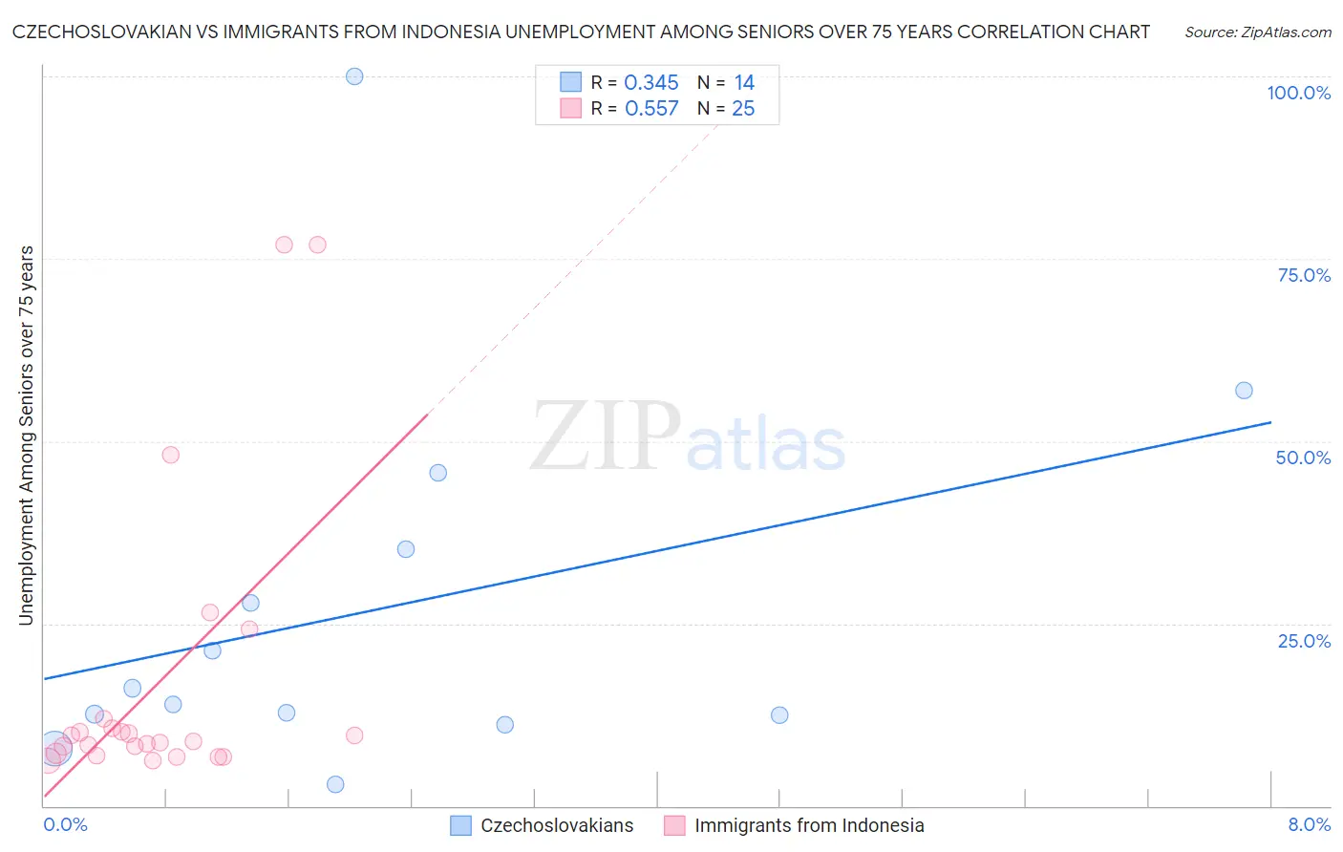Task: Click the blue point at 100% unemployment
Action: coord(354,76)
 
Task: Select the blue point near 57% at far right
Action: coord(1244,391)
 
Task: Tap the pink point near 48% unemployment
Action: coord(171,455)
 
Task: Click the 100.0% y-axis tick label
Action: coord(1298,93)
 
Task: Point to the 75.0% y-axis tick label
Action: coord(1304,275)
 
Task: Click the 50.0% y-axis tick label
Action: coord(1303,458)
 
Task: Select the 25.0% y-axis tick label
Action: coord(1304,641)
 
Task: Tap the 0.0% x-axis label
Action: coord(65,825)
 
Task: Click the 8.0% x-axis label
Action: coord(1309,825)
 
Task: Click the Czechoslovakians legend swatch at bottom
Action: coord(460,826)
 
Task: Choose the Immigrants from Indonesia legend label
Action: coord(809,826)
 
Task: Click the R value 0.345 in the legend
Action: coord(651,83)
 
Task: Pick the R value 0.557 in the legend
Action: coord(651,109)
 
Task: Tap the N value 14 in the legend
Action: coord(744,83)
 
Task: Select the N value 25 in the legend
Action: coord(743,109)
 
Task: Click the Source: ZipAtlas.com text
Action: coord(1258,32)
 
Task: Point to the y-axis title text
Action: coord(26,436)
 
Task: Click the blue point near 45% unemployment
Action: coord(438,473)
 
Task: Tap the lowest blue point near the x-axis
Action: coord(335,784)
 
